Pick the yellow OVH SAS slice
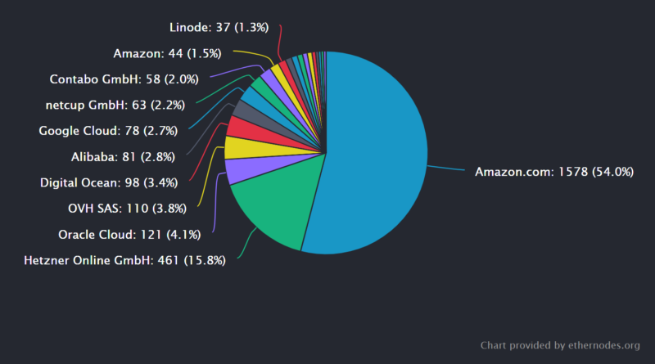241,148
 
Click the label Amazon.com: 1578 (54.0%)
554,172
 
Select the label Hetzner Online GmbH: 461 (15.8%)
124,261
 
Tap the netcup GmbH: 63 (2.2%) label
115,105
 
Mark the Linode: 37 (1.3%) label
219,28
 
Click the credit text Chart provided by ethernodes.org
560,344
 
